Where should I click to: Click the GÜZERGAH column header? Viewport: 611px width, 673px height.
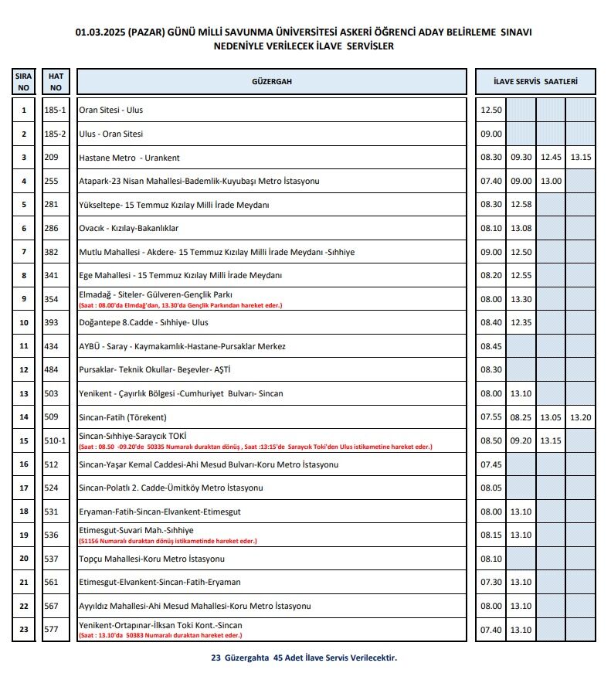pyautogui.click(x=271, y=82)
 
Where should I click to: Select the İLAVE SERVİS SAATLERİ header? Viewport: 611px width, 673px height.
pyautogui.click(x=535, y=82)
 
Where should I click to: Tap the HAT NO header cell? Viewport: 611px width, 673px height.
pyautogui.click(x=56, y=82)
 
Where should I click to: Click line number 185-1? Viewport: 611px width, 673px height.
pyautogui.click(x=55, y=110)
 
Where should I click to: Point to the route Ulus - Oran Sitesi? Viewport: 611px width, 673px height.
pyautogui.click(x=111, y=134)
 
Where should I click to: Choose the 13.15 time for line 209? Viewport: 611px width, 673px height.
pyautogui.click(x=581, y=158)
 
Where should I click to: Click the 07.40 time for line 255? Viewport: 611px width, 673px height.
pyautogui.click(x=490, y=182)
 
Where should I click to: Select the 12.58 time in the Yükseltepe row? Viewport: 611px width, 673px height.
pyautogui.click(x=521, y=205)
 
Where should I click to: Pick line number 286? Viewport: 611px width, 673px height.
pyautogui.click(x=51, y=229)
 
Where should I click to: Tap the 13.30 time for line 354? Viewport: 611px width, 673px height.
pyautogui.click(x=521, y=300)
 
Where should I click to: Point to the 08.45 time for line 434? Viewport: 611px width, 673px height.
pyautogui.click(x=490, y=347)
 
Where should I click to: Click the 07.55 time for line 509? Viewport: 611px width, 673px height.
pyautogui.click(x=490, y=417)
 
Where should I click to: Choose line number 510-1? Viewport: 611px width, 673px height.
pyautogui.click(x=55, y=441)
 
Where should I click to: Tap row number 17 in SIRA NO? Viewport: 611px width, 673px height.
pyautogui.click(x=24, y=488)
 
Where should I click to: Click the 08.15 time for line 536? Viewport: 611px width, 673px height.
pyautogui.click(x=490, y=535)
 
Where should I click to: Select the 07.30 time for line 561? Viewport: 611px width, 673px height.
pyautogui.click(x=490, y=583)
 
